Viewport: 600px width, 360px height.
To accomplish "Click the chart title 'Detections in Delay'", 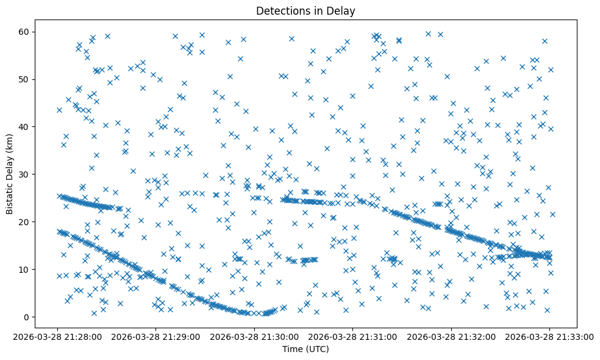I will coord(305,10).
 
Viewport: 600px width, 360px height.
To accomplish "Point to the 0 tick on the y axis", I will coord(27,317).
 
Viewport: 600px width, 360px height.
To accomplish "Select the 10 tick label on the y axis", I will coord(24,269).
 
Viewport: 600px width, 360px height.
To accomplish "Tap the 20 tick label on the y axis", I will coord(24,221).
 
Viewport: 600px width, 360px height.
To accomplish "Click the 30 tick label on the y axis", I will coord(24,174).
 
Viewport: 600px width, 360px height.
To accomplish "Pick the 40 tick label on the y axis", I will coord(24,126).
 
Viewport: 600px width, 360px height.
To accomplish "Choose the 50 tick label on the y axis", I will coord(24,79).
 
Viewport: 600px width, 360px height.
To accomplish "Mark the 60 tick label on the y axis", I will coord(24,32).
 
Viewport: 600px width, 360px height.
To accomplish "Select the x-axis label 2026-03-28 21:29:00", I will coord(157,336).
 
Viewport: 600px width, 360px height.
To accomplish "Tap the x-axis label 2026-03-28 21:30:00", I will coord(255,336).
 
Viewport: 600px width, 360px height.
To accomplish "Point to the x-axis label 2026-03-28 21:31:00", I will coord(353,336).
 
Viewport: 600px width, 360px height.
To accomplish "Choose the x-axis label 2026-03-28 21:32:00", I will coord(451,336).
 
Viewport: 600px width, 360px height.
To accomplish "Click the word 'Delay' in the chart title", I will coord(343,10).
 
